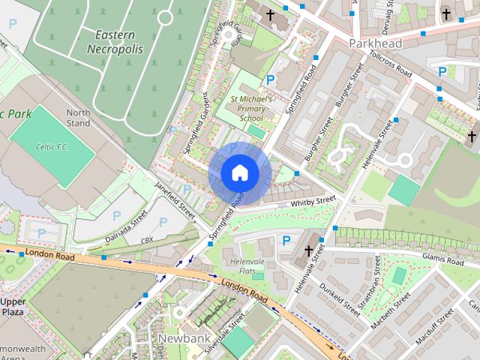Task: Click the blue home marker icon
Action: click(239, 173)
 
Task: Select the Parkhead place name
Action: click(375, 43)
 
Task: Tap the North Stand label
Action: click(78, 118)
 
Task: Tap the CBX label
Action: click(147, 241)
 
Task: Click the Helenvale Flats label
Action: click(247, 265)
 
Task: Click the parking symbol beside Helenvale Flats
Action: click(286, 240)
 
